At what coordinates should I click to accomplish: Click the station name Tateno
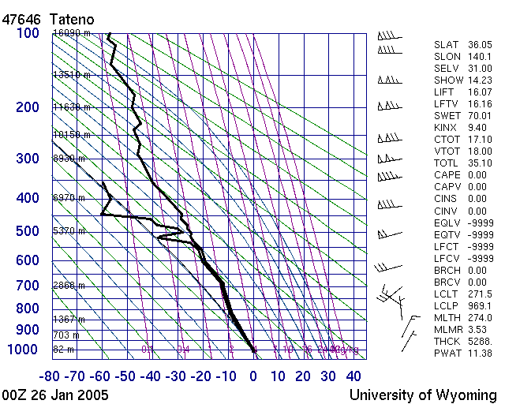point(73,17)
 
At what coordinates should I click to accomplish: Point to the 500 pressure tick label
point(28,231)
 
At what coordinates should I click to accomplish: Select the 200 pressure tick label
point(28,107)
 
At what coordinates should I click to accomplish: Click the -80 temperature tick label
point(51,376)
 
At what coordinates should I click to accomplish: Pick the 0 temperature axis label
point(253,376)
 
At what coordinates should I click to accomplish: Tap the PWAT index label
point(448,353)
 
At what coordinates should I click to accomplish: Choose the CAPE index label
point(448,175)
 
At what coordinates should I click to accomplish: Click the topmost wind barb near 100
point(387,36)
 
